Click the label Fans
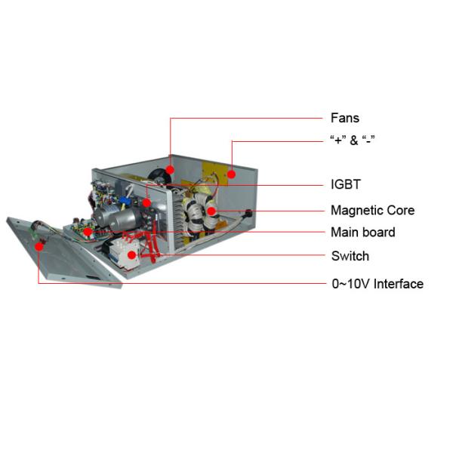345,118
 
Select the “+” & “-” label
353,140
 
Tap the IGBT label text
346,184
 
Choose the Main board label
363,233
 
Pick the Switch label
350,256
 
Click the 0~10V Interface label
377,284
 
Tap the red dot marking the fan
170,170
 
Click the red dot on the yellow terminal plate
231,174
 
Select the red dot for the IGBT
146,203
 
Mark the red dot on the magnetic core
211,211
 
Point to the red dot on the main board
88,232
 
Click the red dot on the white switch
131,255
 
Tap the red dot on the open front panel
39,246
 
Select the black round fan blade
158,176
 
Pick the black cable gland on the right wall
248,214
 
